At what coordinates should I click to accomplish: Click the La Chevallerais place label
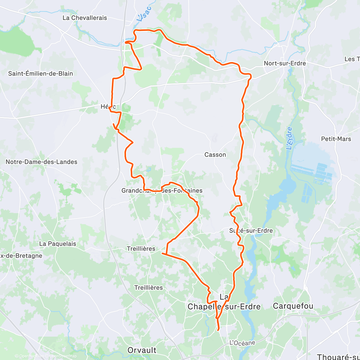(85, 18)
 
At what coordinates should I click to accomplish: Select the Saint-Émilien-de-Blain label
(40, 73)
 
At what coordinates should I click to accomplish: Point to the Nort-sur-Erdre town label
(285, 63)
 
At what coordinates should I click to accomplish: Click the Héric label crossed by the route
(108, 107)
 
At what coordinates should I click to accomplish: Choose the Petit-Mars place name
(336, 139)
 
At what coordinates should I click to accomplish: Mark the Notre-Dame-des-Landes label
(41, 162)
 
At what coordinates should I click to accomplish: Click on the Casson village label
(215, 155)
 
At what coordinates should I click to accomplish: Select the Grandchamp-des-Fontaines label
(162, 190)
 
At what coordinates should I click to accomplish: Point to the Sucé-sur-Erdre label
(251, 231)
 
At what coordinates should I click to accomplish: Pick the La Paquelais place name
(58, 244)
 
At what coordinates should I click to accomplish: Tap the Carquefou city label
(293, 306)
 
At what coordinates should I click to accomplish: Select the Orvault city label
(142, 350)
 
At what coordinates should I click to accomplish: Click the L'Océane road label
(242, 343)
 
